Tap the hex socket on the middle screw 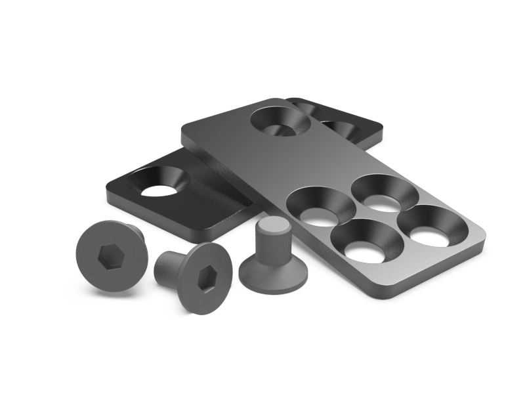(x=207, y=280)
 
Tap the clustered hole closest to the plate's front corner (x=367, y=240)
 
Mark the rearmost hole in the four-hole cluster (x=385, y=192)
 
